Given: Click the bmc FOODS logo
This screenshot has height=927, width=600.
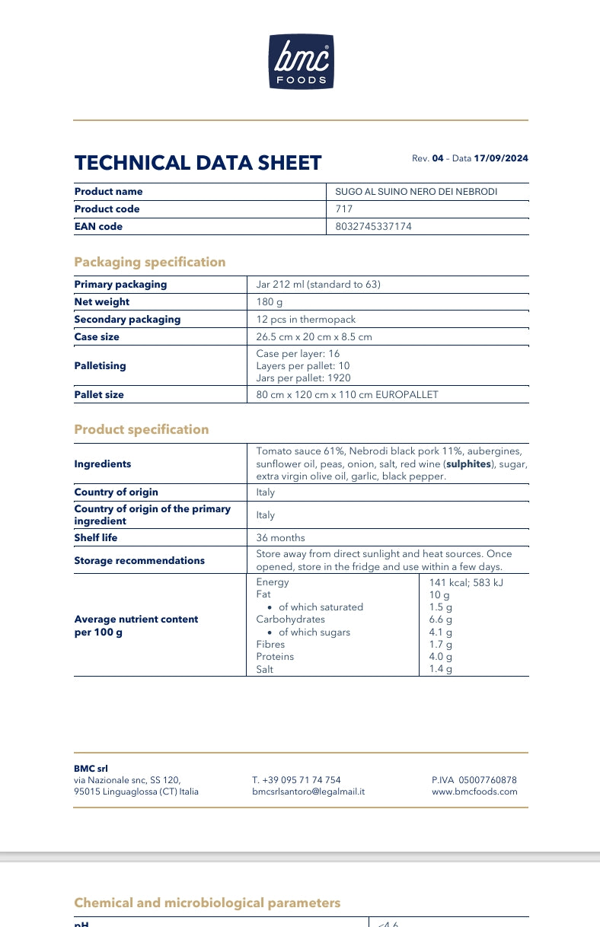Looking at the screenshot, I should coord(301,62).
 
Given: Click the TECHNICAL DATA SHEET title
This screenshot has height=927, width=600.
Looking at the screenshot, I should coord(198,163).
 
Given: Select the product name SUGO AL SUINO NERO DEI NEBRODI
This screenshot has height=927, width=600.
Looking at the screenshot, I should coord(416,192).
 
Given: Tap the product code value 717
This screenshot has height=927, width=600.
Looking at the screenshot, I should coord(343,209).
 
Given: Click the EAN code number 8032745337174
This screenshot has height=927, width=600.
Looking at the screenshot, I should coord(373,227).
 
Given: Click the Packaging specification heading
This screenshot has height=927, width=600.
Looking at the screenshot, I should coord(150,262).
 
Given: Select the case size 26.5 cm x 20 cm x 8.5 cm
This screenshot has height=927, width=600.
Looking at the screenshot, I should coord(314,337).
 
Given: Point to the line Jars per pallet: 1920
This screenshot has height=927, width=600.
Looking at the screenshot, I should coord(304,378).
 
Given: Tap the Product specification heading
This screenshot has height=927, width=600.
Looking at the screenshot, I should coord(141,429).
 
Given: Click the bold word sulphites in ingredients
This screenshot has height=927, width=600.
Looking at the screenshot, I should coord(468,463).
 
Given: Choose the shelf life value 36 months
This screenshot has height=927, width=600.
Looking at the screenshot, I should coord(280,538).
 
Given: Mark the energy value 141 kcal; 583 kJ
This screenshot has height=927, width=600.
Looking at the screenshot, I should coord(466,582).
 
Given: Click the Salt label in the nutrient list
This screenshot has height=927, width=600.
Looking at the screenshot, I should coord(265,670).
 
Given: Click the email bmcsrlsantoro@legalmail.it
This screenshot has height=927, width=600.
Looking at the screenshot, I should coord(308,792).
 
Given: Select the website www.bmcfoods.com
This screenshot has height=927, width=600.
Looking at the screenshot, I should coord(474,792).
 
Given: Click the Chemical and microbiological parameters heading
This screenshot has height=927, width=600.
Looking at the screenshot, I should coord(207,903).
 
